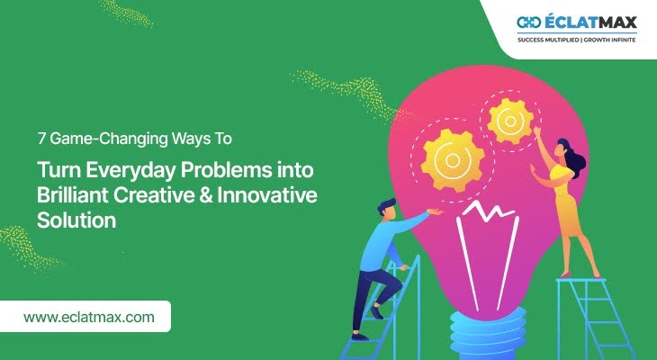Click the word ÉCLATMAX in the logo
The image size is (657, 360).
(590, 22)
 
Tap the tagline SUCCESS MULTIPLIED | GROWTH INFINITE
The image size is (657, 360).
(577, 40)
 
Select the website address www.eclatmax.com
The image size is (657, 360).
(89, 317)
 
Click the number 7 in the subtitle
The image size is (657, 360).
(41, 139)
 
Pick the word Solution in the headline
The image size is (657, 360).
(76, 220)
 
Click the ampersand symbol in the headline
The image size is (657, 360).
(205, 195)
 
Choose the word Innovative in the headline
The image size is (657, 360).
(267, 195)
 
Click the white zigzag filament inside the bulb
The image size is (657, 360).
(487, 211)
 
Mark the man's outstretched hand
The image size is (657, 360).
(435, 212)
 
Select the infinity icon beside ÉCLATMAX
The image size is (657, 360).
(529, 22)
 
